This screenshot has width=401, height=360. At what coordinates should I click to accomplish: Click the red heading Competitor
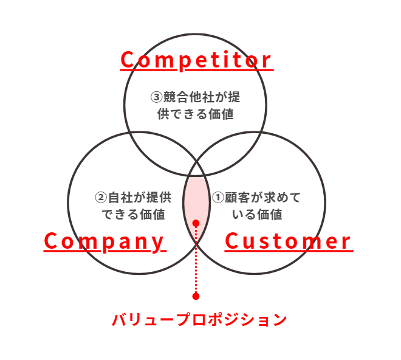tap(196, 60)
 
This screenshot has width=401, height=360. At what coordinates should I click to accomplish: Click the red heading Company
tap(105, 241)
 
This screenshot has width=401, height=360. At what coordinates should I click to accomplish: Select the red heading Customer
tap(288, 241)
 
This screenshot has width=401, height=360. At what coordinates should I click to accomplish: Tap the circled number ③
tap(156, 97)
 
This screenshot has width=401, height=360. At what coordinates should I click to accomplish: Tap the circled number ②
tap(101, 198)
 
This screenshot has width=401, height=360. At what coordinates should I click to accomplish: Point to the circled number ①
tap(218, 198)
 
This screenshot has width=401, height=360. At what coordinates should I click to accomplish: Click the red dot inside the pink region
tap(196, 224)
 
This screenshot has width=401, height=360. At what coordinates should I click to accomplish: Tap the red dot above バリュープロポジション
tap(196, 296)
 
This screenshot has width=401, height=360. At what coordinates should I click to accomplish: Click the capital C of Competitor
tap(128, 60)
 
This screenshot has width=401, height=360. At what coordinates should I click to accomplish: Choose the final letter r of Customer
tap(346, 242)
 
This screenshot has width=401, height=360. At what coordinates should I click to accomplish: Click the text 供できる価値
tap(195, 114)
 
